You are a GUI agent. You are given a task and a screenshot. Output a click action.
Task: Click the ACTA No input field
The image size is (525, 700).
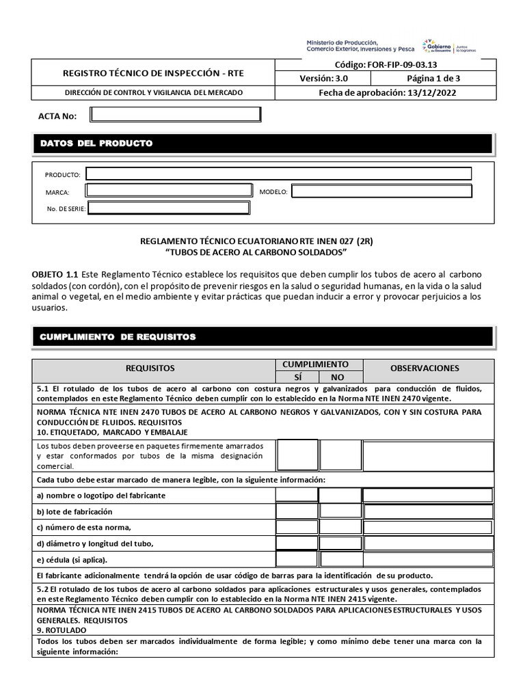pyautogui.click(x=176, y=115)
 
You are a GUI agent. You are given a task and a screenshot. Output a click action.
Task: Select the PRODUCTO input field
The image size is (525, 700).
pyautogui.click(x=278, y=174)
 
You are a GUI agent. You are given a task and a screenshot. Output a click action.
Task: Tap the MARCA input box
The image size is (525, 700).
pyautogui.click(x=169, y=191)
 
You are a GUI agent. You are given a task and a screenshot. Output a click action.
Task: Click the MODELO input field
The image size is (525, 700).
pyautogui.click(x=381, y=191)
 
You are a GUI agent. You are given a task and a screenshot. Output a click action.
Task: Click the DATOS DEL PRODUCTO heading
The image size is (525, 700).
pyautogui.click(x=96, y=144)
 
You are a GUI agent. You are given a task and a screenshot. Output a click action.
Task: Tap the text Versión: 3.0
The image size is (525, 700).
pyautogui.click(x=323, y=79)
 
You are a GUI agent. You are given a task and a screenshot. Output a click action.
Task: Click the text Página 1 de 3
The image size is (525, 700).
pyautogui.click(x=429, y=79)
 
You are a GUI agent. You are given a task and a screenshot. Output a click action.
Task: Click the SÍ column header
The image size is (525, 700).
pyautogui.click(x=297, y=377)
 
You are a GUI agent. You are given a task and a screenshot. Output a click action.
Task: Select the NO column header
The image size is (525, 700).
pyautogui.click(x=338, y=377)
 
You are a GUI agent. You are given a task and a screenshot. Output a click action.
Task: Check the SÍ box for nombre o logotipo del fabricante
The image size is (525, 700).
pyautogui.click(x=297, y=495)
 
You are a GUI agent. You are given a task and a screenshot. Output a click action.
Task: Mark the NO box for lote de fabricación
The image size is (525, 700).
pyautogui.click(x=340, y=511)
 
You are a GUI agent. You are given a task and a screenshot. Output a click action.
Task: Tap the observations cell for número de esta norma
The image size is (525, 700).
pyautogui.click(x=428, y=527)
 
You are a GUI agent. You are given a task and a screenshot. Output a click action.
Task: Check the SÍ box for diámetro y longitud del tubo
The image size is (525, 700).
pyautogui.click(x=297, y=543)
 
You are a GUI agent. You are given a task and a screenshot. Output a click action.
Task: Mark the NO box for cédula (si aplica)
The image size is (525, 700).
pyautogui.click(x=340, y=560)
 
